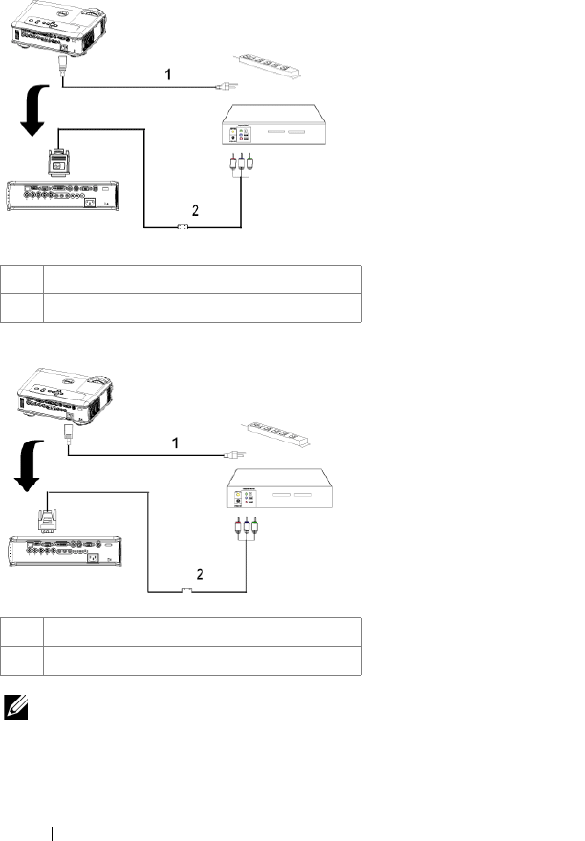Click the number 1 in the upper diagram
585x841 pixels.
click(168, 72)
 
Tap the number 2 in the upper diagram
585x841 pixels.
click(195, 211)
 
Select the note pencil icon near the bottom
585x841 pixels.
click(17, 707)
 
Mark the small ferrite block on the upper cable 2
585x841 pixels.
click(184, 227)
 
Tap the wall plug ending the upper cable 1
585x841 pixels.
click(223, 87)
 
